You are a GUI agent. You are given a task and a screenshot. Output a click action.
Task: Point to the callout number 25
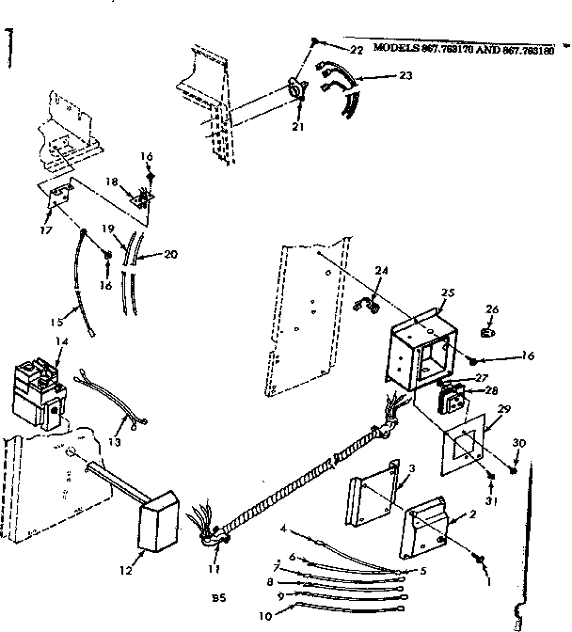pos(448,293)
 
